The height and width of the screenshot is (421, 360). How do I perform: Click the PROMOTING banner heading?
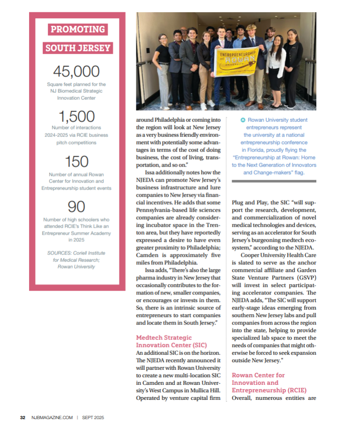78,30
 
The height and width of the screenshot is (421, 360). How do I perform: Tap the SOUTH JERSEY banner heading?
78,48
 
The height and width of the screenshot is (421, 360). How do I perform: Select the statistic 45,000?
76,71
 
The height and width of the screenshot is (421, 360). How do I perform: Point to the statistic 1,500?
76,116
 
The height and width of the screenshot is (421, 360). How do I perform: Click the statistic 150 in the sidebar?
76,161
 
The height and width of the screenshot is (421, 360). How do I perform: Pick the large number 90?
76,207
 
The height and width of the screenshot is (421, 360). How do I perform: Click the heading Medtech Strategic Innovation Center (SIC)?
164,341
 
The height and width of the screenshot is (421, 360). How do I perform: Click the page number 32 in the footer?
23,417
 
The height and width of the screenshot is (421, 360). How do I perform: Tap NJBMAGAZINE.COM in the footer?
52,417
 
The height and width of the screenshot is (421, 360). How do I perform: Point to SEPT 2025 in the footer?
93,417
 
